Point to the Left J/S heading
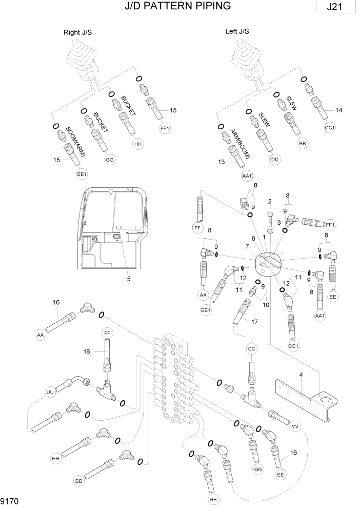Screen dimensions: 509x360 (x=237, y=31)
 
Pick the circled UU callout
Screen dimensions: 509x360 (x=50, y=392)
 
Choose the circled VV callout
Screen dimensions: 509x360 (x=295, y=426)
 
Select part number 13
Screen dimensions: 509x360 (x=222, y=162)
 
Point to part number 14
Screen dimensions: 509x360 (x=339, y=110)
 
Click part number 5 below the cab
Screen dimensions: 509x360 (x=129, y=279)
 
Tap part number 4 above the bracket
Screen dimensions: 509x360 (x=301, y=375)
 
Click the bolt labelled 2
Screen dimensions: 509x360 (x=270, y=214)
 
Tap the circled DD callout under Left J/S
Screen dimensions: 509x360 (x=275, y=160)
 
